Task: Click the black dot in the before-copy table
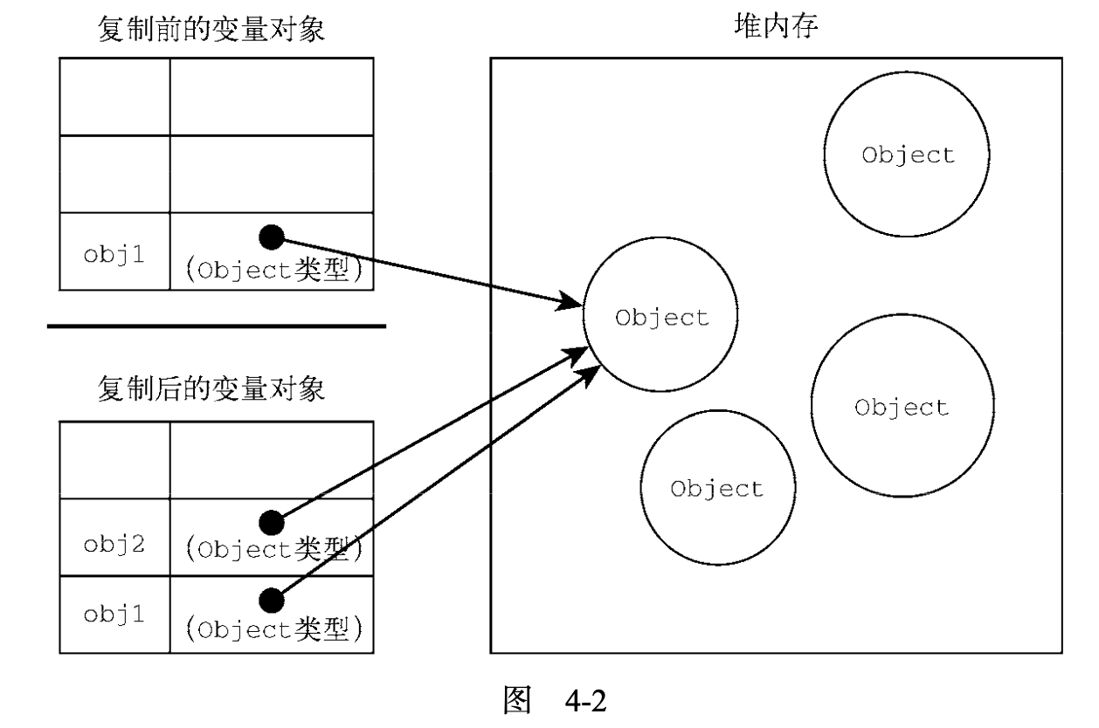(273, 237)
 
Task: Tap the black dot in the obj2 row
(273, 522)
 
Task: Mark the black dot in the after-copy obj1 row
(273, 599)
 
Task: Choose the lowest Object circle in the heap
(716, 487)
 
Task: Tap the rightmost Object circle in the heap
(902, 407)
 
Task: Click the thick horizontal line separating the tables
(216, 326)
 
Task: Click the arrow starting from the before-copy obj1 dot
(428, 271)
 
